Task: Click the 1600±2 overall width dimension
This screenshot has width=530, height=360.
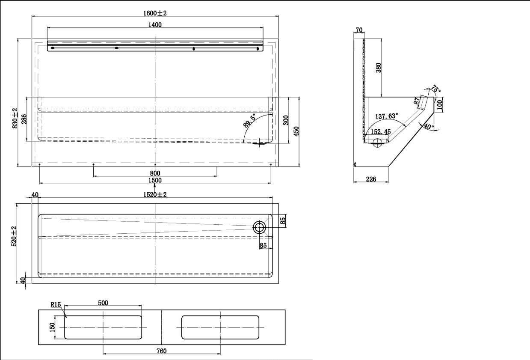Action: [x=155, y=13]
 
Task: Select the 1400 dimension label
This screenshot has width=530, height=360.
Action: [x=155, y=25]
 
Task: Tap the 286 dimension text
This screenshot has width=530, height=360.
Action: [x=24, y=119]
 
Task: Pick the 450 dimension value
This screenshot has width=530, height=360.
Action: [x=296, y=131]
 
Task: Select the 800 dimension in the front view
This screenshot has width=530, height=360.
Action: [x=155, y=173]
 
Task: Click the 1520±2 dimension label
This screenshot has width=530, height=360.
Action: [x=155, y=195]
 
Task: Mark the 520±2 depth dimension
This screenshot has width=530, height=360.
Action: [x=14, y=236]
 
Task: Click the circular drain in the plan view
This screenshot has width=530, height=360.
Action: [x=259, y=227]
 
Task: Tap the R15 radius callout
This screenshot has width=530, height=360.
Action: [x=56, y=305]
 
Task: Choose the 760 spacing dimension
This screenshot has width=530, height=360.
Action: [x=161, y=351]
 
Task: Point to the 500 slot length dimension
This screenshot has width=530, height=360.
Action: [x=103, y=303]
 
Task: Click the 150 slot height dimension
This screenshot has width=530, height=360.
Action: [x=53, y=327]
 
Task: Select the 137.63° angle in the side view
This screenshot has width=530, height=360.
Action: [x=387, y=116]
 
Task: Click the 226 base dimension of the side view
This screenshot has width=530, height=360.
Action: [x=371, y=179]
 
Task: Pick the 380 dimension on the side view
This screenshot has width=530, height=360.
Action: [x=378, y=68]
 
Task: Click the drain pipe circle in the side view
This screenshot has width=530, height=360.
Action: [x=377, y=143]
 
